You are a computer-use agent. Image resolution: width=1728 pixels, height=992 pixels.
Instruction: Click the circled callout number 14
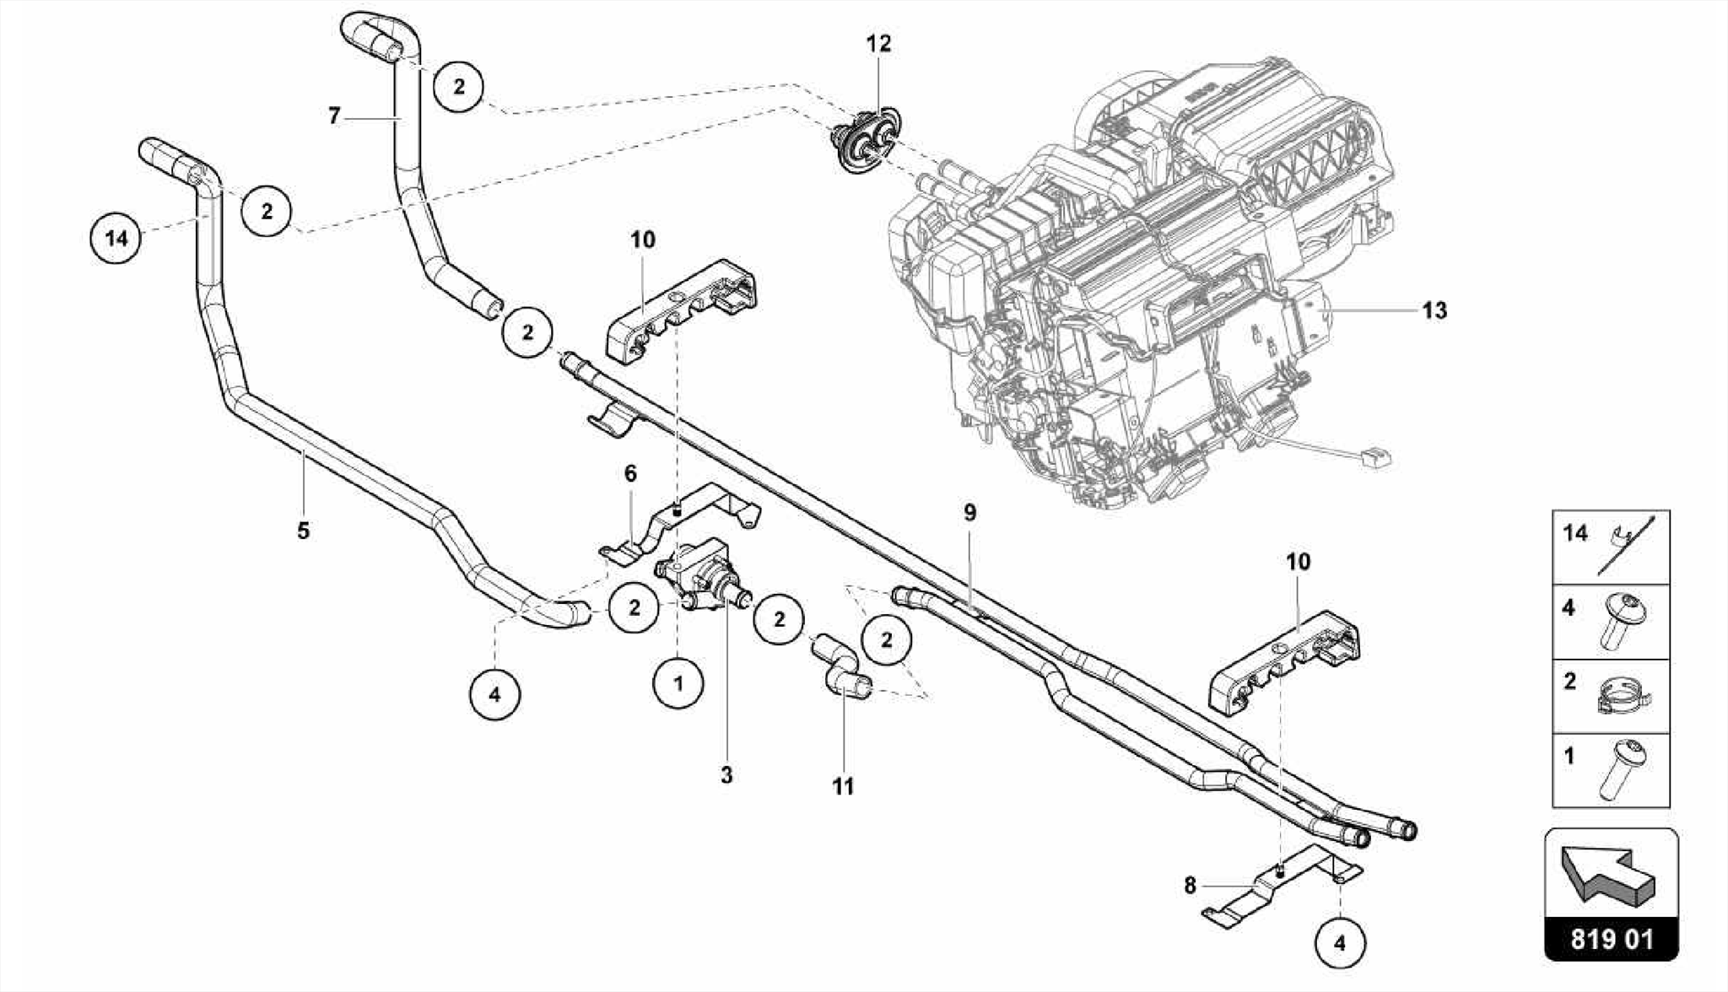tap(116, 239)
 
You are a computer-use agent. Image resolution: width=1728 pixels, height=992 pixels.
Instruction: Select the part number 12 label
tap(878, 44)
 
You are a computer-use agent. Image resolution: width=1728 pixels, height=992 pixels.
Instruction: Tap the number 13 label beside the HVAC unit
tap(1434, 310)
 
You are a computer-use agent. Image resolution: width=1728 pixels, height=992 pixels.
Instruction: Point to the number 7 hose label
tap(335, 116)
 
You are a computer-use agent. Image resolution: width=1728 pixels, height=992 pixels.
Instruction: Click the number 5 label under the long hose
tap(304, 531)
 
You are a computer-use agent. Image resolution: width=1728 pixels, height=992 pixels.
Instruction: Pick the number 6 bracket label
tap(630, 473)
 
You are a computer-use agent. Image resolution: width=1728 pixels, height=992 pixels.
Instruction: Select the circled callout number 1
tap(678, 683)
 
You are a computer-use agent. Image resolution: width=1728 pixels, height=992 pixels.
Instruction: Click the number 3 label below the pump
tap(726, 774)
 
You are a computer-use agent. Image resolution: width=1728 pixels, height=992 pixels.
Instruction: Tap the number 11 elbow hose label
tap(843, 786)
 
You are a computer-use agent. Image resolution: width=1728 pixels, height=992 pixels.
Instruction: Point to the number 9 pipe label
tap(969, 512)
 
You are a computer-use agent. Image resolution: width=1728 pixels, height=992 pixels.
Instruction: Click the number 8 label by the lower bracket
tap(1190, 886)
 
